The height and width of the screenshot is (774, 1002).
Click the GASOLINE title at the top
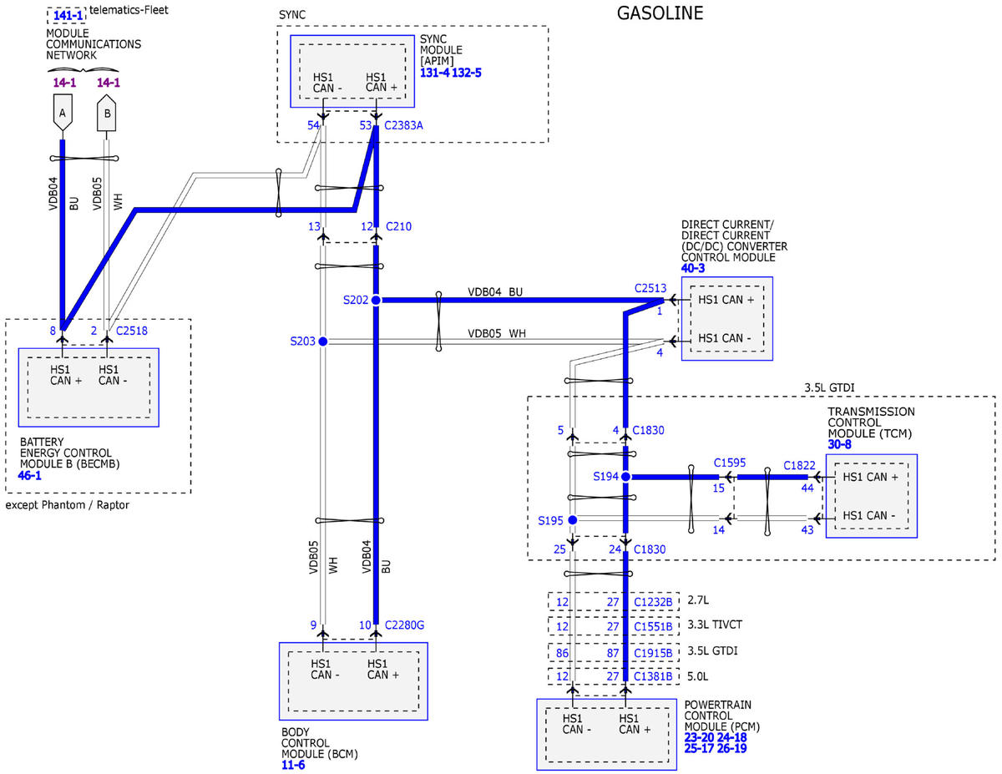click(x=660, y=13)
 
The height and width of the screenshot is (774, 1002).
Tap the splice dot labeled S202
click(x=376, y=300)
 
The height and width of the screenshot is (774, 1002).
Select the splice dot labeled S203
click(x=323, y=341)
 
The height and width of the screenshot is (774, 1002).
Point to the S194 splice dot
click(x=625, y=476)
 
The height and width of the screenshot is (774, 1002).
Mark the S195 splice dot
click(x=572, y=520)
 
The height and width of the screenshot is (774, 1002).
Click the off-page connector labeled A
click(x=63, y=113)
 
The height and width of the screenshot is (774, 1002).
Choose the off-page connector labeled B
click(x=107, y=113)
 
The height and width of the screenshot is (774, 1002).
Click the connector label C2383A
click(x=403, y=125)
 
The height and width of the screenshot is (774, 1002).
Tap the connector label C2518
click(x=132, y=331)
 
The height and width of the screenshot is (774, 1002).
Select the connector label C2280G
click(x=404, y=625)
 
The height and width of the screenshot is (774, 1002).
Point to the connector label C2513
click(x=650, y=288)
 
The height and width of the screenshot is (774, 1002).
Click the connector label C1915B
click(x=653, y=653)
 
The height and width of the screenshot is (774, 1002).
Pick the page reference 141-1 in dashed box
click(x=68, y=16)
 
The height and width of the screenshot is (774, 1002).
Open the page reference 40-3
click(x=692, y=268)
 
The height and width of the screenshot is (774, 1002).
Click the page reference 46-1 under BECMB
click(x=29, y=475)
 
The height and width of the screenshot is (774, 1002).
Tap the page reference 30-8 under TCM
click(x=839, y=444)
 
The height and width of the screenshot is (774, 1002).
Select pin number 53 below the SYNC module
click(x=365, y=125)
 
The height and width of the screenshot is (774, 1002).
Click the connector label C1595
click(x=730, y=463)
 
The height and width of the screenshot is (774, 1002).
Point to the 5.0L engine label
click(x=697, y=676)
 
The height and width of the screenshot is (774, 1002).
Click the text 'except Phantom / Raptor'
click(x=68, y=505)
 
